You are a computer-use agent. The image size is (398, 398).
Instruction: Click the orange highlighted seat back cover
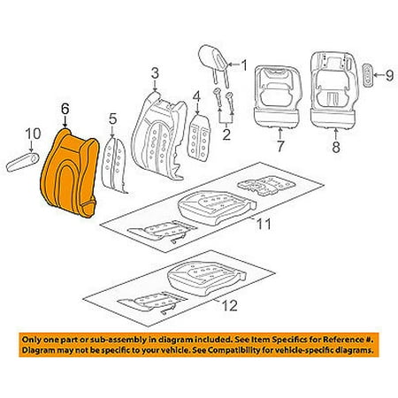click(x=69, y=174)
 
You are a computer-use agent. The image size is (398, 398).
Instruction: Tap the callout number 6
click(x=65, y=109)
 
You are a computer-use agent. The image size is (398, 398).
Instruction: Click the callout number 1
click(x=244, y=65)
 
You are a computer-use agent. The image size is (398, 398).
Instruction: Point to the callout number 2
click(x=226, y=134)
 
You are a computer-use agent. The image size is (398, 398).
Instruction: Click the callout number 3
click(x=155, y=73)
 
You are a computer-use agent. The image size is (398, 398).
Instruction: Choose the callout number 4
click(x=196, y=96)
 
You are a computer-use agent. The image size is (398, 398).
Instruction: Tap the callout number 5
click(x=112, y=119)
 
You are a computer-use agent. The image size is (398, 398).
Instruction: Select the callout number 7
click(x=280, y=146)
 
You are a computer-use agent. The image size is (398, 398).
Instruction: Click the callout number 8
click(x=336, y=147)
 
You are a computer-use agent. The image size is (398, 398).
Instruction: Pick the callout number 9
click(x=389, y=76)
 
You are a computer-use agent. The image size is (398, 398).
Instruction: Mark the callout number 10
click(x=33, y=134)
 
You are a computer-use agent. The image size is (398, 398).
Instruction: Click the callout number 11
click(x=264, y=225)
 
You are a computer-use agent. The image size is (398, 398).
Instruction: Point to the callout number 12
click(x=230, y=305)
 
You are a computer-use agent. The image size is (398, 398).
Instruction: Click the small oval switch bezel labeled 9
click(x=368, y=75)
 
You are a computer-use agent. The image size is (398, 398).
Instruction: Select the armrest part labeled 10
click(x=23, y=162)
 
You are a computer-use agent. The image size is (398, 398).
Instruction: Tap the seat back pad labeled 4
click(x=199, y=138)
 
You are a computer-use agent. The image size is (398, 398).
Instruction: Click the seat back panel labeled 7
click(x=278, y=96)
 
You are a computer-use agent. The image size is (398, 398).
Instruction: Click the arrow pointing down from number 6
click(x=65, y=122)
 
